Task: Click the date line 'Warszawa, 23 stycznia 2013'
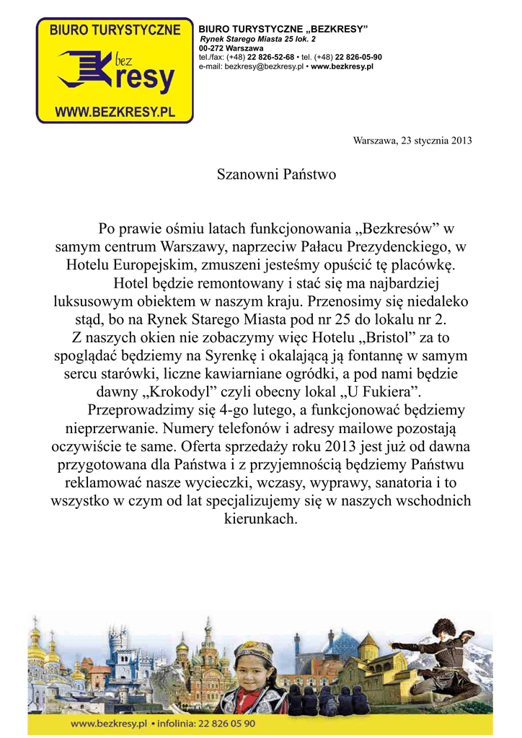(x=412, y=141)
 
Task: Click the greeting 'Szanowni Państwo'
(x=276, y=174)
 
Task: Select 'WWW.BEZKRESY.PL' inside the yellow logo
(x=115, y=113)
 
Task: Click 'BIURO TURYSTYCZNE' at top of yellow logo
(x=115, y=30)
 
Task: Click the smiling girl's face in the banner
(x=253, y=677)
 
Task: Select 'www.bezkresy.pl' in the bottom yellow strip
(x=109, y=723)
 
